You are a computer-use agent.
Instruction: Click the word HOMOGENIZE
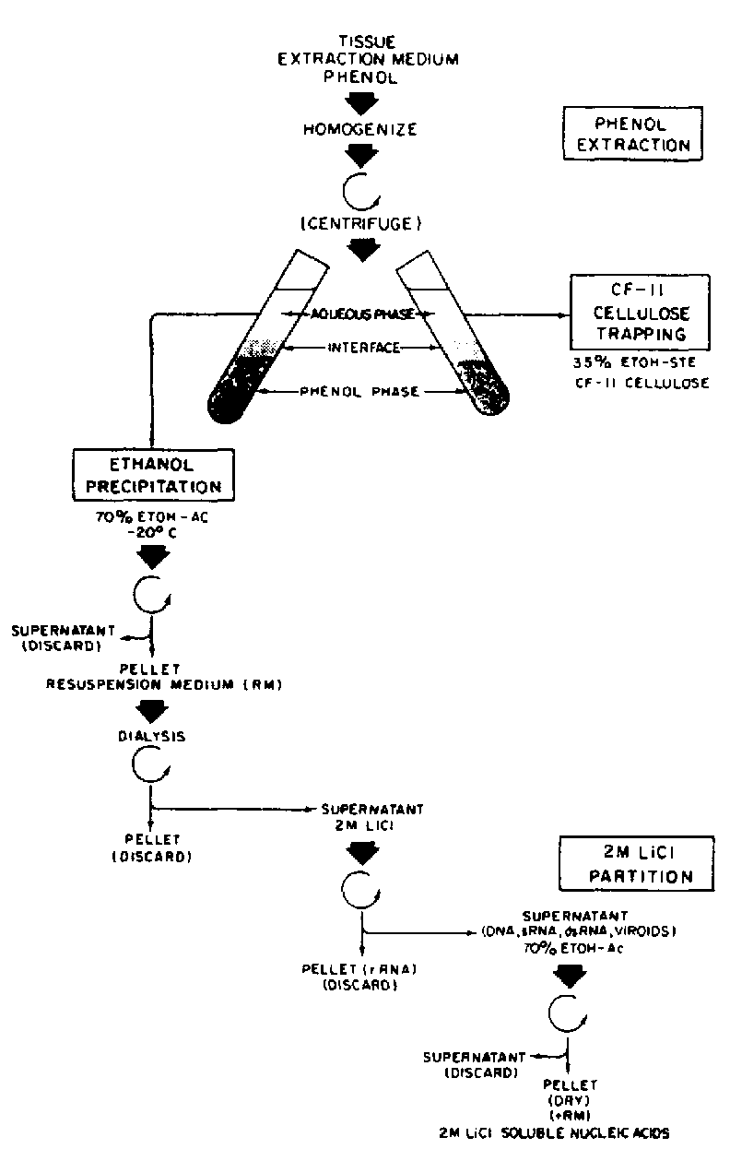(x=361, y=130)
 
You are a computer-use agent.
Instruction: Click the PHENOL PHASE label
(x=360, y=392)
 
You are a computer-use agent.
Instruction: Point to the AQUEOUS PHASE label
(x=361, y=314)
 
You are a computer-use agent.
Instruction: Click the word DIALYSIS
(x=148, y=737)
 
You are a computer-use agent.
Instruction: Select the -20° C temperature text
(x=147, y=531)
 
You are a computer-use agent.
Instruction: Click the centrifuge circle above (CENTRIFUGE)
(x=359, y=190)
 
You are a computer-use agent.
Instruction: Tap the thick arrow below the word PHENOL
(x=360, y=104)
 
